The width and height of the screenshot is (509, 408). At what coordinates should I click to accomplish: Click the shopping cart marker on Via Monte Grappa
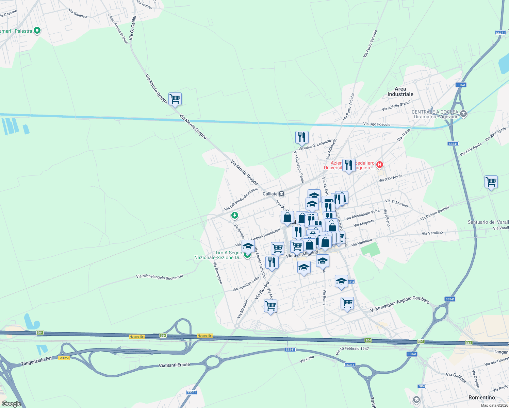pyautogui.click(x=175, y=99)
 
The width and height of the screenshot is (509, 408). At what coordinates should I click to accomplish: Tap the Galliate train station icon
pyautogui.click(x=281, y=194)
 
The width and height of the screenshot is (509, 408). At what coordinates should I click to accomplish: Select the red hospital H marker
pyautogui.click(x=380, y=165)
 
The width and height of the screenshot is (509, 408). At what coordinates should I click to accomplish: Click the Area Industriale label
pyautogui.click(x=400, y=91)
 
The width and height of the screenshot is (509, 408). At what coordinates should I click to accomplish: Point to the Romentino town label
pyautogui.click(x=481, y=397)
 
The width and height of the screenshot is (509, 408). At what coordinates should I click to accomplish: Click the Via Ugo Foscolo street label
pyautogui.click(x=377, y=124)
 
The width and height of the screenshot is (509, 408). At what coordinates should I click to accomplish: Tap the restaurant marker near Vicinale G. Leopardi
pyautogui.click(x=302, y=137)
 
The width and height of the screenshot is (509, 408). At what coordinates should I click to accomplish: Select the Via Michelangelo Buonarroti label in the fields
pyautogui.click(x=160, y=277)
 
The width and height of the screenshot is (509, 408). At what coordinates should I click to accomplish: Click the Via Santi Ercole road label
pyautogui.click(x=174, y=365)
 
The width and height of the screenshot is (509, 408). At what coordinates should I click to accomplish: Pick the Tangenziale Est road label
pyautogui.click(x=37, y=361)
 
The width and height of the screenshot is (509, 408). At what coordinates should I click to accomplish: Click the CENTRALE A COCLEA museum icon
pyautogui.click(x=463, y=114)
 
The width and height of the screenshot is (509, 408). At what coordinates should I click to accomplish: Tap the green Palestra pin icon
pyautogui.click(x=37, y=31)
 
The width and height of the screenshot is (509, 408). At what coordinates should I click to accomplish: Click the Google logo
pyautogui.click(x=11, y=404)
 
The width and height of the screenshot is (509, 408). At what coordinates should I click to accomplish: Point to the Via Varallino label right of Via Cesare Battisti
pyautogui.click(x=432, y=233)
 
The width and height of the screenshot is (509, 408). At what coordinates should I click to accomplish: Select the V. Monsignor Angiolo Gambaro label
pyautogui.click(x=399, y=304)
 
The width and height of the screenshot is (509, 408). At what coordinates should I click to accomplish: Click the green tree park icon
pyautogui.click(x=234, y=215)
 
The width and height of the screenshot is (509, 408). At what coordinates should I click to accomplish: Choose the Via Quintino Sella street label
pyautogui.click(x=246, y=284)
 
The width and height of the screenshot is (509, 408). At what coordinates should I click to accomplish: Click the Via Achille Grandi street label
pyautogui.click(x=396, y=106)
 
